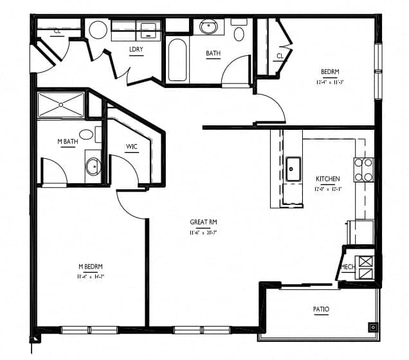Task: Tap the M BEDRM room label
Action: [91, 266]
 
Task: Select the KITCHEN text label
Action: [327, 179]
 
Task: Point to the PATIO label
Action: [321, 310]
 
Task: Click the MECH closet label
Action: [347, 267]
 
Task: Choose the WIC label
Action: [132, 147]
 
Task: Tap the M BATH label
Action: [67, 142]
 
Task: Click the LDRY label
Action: [136, 50]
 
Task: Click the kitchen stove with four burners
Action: [364, 169]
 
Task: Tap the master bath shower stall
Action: [61, 105]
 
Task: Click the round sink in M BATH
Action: [93, 167]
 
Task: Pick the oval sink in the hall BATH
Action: [209, 27]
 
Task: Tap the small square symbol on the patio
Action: [372, 327]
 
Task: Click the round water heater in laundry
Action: [98, 31]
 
